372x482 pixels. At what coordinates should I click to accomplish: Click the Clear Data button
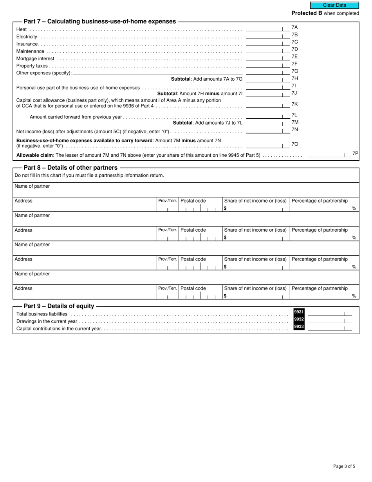tap(334, 5)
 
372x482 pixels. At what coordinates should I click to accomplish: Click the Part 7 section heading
tap(100, 22)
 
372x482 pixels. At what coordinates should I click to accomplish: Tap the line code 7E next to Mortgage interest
tap(295, 56)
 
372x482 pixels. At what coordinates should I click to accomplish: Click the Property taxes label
tap(31, 66)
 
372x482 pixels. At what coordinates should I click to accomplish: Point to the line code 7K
tap(295, 104)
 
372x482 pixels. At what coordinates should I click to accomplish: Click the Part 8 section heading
tap(70, 168)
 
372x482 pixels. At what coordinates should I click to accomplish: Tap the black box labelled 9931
tap(299, 312)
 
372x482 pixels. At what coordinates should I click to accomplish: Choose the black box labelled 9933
tap(299, 326)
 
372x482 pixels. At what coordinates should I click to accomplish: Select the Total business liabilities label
tap(42, 314)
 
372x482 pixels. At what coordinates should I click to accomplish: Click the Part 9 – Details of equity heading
tap(59, 306)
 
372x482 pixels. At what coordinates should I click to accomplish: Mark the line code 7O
tap(295, 144)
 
